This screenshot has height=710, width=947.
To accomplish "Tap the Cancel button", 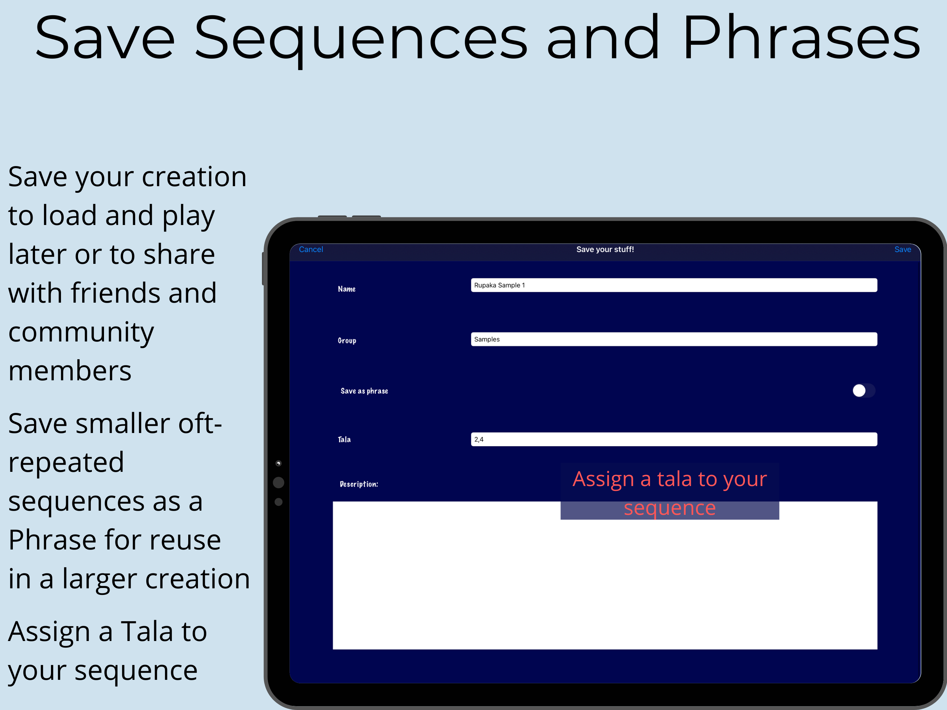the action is pyautogui.click(x=311, y=249).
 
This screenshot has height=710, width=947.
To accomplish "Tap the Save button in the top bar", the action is pyautogui.click(x=903, y=249).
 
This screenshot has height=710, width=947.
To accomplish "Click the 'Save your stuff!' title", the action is pyautogui.click(x=605, y=249).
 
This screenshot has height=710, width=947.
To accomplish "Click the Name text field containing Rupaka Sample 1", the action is pyautogui.click(x=674, y=285).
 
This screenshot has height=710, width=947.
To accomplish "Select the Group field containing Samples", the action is pyautogui.click(x=674, y=339).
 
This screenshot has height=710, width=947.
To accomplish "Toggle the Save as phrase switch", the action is pyautogui.click(x=863, y=391).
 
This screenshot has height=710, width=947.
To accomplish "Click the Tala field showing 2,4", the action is pyautogui.click(x=674, y=439).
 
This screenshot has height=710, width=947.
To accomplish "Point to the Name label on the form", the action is pyautogui.click(x=346, y=289).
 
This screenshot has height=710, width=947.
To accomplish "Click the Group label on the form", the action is pyautogui.click(x=347, y=340).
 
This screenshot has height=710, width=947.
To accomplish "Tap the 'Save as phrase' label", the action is pyautogui.click(x=364, y=391).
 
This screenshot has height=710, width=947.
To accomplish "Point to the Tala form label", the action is pyautogui.click(x=344, y=439).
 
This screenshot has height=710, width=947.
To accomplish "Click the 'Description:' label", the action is pyautogui.click(x=359, y=484).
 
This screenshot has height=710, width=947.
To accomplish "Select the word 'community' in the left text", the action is pyautogui.click(x=81, y=333).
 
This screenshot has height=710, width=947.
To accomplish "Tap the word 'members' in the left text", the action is pyautogui.click(x=70, y=371).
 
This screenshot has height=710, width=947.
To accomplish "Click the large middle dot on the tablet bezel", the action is pyautogui.click(x=278, y=483).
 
